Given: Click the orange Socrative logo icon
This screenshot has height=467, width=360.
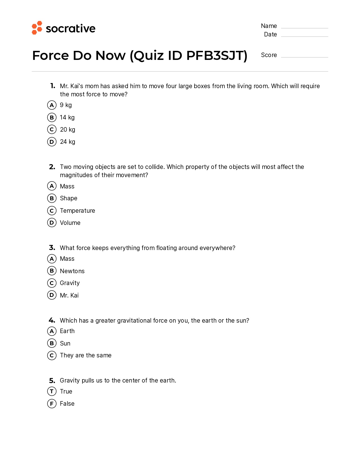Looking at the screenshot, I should pos(37,28).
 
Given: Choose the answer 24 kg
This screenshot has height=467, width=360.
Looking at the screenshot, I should pos(67,142).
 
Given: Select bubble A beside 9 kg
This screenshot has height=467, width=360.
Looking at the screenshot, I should pos(52,105).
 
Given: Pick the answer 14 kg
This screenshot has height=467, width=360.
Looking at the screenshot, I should pos(67,118).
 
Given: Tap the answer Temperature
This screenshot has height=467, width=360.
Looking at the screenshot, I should pos(77,211).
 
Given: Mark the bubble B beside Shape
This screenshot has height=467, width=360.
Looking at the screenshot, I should pos(52,198).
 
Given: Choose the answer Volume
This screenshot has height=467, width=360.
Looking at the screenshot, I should pos(70,223).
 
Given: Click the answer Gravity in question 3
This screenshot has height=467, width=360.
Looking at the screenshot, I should pos(70,283).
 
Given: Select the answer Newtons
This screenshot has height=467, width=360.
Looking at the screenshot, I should pos(72,271).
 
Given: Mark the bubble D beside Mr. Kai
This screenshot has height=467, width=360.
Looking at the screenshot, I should pos(52,295).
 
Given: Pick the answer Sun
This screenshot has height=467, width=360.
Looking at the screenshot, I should pos(65,344).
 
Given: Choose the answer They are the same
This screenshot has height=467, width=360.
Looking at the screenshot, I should pos(86,355).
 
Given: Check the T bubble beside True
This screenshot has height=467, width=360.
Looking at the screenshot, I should pos(52,391).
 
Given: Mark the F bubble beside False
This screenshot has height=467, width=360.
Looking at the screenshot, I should pos(52,404).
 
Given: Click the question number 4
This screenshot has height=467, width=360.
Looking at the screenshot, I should pos(52,320).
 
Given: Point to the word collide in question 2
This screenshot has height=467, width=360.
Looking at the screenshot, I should pos(155,167).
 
